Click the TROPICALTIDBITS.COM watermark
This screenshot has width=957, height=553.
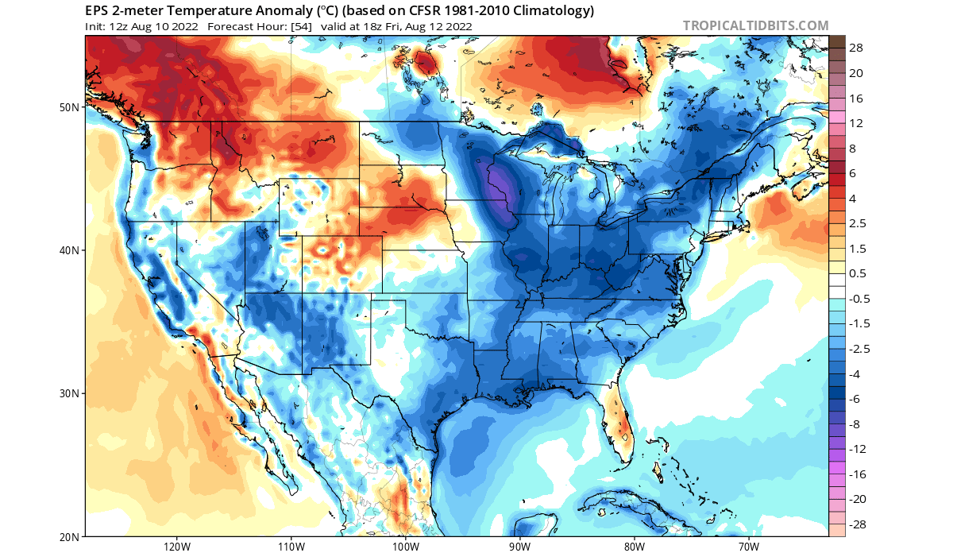click(x=755, y=25)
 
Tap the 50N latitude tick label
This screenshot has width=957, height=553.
click(x=71, y=107)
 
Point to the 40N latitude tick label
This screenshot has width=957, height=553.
click(x=71, y=250)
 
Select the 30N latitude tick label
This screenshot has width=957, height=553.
click(x=71, y=393)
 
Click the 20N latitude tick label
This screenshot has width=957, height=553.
click(x=71, y=536)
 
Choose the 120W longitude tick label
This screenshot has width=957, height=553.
click(x=176, y=547)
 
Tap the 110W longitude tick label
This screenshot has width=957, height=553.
click(x=291, y=547)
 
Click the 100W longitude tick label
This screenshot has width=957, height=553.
click(x=405, y=547)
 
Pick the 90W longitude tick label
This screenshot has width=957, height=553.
click(x=519, y=547)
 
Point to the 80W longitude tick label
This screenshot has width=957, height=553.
click(x=634, y=547)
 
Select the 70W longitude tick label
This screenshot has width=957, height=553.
click(x=748, y=547)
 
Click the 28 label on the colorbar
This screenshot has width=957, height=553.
click(x=856, y=48)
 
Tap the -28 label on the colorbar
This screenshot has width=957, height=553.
click(x=858, y=524)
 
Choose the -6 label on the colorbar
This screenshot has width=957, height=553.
click(x=856, y=399)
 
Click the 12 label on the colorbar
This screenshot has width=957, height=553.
click(x=856, y=123)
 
